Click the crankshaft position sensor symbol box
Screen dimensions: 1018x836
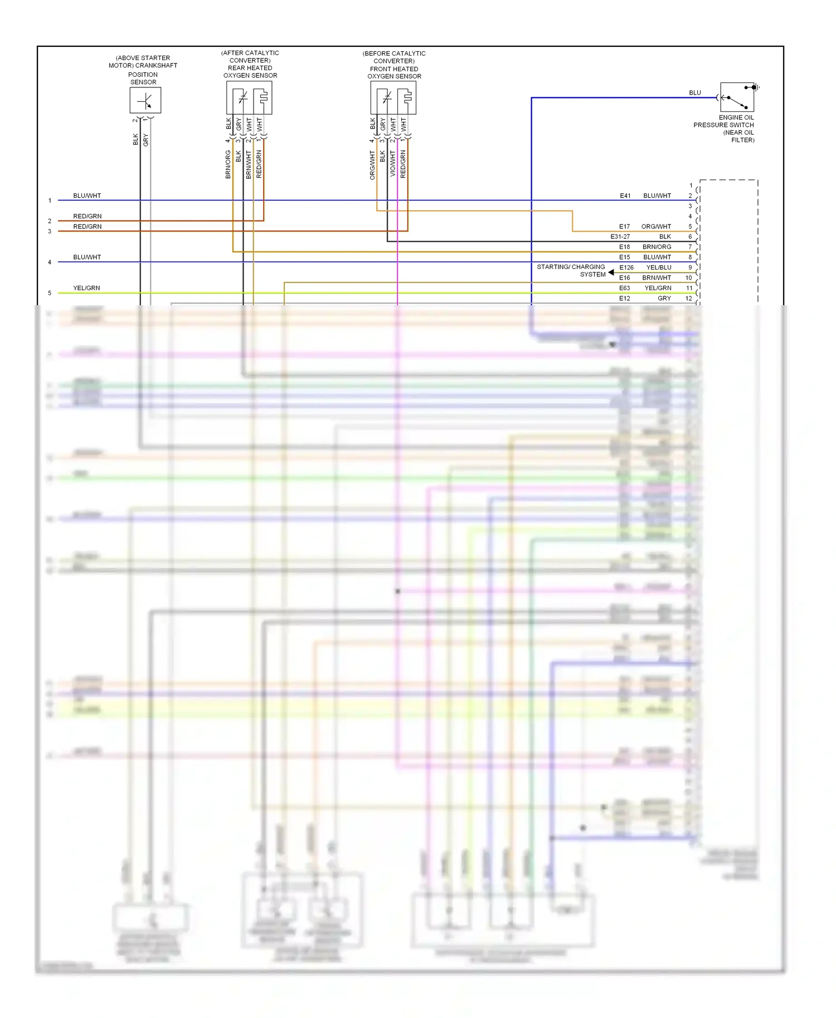[x=145, y=101]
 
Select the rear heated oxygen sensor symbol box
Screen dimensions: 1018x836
[x=249, y=98]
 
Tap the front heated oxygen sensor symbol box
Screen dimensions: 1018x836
[x=393, y=98]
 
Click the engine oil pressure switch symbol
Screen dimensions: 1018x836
[x=737, y=97]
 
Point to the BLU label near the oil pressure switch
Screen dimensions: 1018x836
[x=694, y=93]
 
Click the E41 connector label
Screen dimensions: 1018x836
[x=625, y=196]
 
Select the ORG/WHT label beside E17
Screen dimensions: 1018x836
[x=656, y=227]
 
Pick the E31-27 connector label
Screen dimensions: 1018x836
[x=620, y=237]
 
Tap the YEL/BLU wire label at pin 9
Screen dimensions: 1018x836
[x=658, y=268]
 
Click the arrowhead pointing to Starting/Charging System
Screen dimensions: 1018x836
[x=611, y=272]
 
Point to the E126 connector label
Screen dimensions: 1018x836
[x=626, y=268]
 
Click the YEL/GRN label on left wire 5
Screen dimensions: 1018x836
[x=86, y=288]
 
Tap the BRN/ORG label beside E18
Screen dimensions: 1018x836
[x=657, y=247]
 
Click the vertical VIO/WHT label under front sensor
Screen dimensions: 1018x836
[x=392, y=164]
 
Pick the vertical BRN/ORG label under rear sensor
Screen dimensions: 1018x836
[x=228, y=164]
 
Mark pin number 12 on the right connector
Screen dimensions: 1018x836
[x=688, y=298]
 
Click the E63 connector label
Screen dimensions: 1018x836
[x=624, y=288]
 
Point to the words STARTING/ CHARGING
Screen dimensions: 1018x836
[x=571, y=267]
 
